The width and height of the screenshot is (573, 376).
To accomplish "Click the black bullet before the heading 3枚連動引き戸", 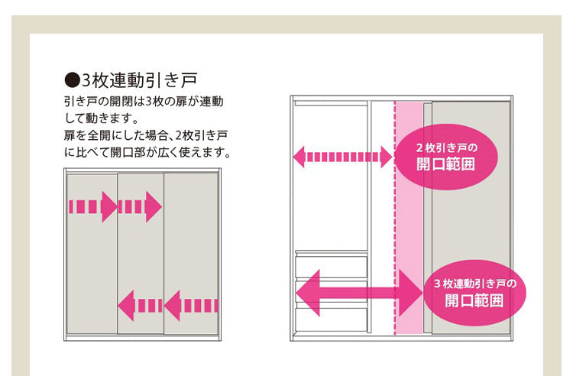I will coord(72,79).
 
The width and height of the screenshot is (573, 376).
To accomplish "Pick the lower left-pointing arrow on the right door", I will coord(183,305).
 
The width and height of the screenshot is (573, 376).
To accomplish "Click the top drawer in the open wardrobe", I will coord(331,266).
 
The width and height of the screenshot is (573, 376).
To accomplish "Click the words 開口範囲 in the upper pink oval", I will coord(445,164).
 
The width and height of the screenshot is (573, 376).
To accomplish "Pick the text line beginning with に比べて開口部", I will coord(147,152).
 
